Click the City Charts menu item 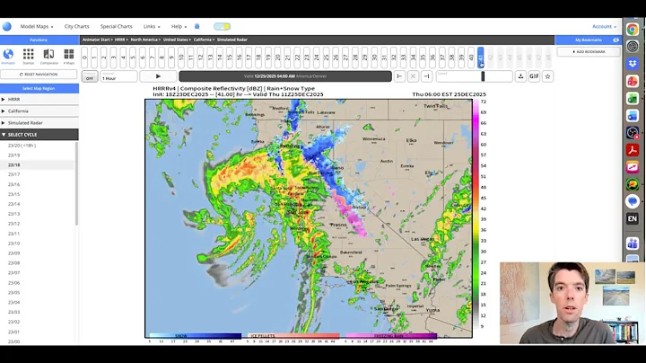tap(76, 27)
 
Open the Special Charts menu tap(116, 27)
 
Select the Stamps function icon tap(28, 57)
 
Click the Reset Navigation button tap(39, 74)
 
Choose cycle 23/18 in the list tap(14, 165)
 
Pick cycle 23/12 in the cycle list tap(14, 224)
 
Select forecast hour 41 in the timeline tap(481, 58)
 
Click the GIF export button tap(534, 76)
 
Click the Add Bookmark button tap(589, 51)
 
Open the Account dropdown tap(603, 27)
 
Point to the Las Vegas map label tap(422, 239)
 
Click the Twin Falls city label tap(436, 106)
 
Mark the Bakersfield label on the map tap(351, 252)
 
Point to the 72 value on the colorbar tap(484, 102)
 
